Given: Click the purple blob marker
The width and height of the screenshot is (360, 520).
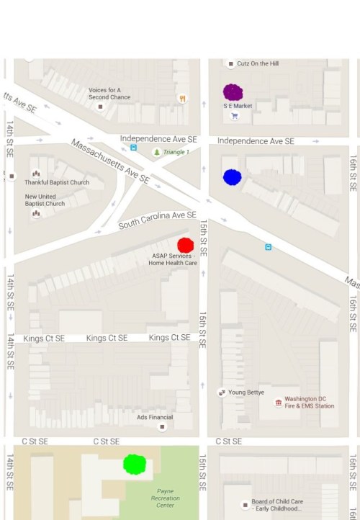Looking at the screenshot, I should (x=233, y=92).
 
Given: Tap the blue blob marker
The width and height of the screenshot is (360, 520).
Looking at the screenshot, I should (x=232, y=177).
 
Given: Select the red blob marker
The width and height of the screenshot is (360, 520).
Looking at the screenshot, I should (x=185, y=245).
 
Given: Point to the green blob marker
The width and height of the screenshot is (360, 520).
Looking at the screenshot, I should (x=134, y=464).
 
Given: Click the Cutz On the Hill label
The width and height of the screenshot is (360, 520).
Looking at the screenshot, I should (x=257, y=63).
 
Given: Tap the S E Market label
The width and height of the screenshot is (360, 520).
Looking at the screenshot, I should (x=238, y=106).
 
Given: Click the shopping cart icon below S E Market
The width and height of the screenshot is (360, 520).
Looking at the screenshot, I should (x=234, y=116).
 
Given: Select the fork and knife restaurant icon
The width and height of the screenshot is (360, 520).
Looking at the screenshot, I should (x=183, y=99).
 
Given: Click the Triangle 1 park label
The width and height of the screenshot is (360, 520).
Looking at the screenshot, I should (x=176, y=152).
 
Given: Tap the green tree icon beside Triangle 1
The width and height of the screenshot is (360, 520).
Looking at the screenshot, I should (x=157, y=152).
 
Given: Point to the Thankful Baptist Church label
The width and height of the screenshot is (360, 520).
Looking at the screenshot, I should (x=57, y=182).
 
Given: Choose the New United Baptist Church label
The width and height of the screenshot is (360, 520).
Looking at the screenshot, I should (x=45, y=200).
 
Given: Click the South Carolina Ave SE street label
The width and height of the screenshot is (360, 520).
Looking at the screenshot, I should (x=158, y=220).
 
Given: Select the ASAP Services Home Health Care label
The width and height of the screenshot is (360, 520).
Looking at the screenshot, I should (x=173, y=259).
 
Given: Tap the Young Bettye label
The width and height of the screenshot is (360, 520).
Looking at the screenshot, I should (x=246, y=393).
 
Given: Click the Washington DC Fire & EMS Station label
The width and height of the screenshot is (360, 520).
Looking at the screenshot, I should (x=310, y=402).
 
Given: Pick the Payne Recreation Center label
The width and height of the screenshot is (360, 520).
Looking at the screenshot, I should (x=165, y=498).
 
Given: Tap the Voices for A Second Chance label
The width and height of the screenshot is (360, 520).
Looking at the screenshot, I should (x=109, y=94).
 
